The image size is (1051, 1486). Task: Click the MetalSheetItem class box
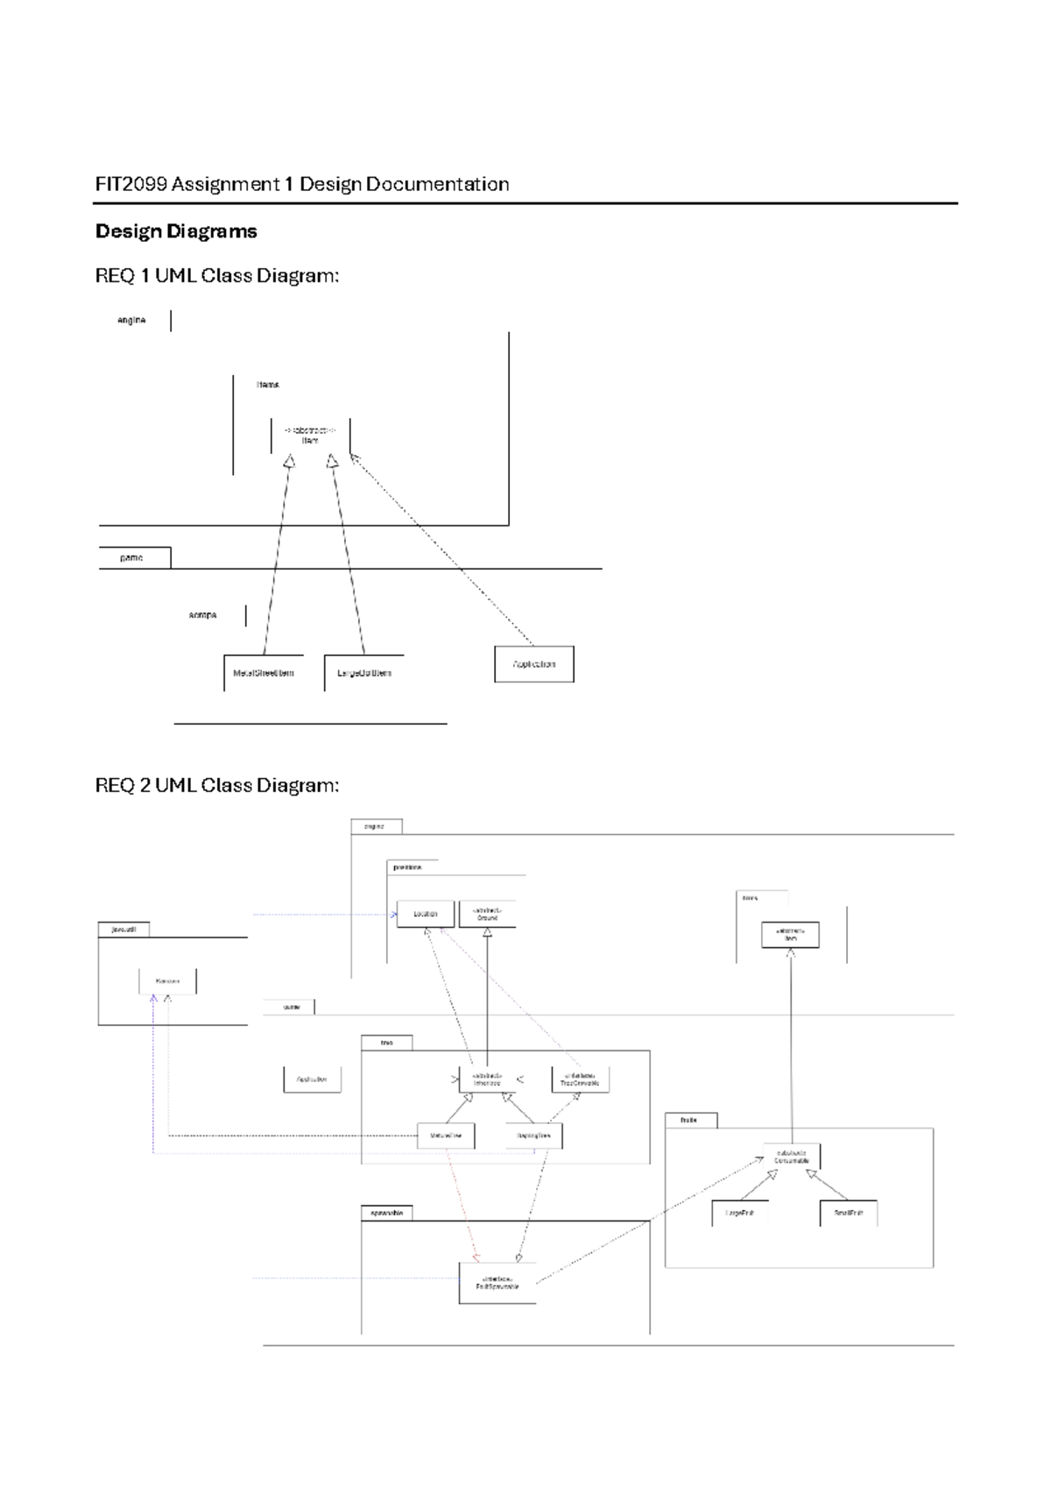263,673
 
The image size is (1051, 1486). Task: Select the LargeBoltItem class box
363,673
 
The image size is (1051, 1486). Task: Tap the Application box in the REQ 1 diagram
534,664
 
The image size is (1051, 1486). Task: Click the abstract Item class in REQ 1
310,435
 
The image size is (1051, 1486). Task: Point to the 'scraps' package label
202,615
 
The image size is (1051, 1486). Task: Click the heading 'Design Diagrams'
176,231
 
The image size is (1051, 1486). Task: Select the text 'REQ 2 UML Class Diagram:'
216,785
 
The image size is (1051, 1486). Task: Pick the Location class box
426,914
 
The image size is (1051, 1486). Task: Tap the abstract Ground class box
487,914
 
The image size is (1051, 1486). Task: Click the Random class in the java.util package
167,981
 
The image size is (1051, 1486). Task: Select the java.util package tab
123,930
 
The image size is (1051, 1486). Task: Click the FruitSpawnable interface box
497,1283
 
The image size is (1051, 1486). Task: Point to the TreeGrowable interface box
580,1079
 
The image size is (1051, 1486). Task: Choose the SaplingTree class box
534,1136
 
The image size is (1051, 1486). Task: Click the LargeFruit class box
740,1214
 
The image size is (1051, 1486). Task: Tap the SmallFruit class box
848,1214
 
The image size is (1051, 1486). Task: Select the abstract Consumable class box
791,1157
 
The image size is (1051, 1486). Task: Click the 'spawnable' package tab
386,1214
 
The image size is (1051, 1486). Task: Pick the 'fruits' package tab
690,1121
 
